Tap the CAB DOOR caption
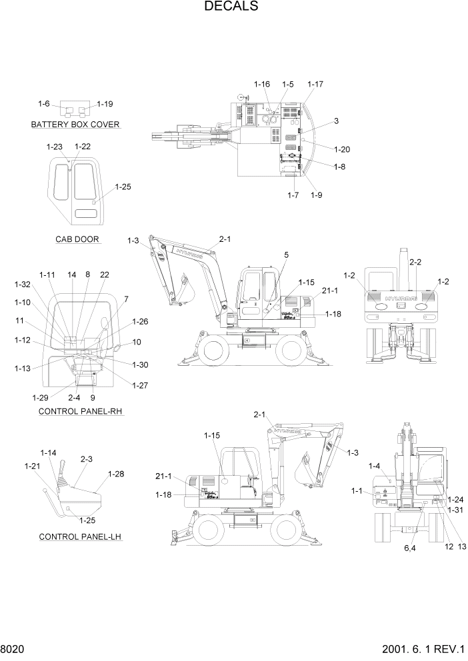[x=78, y=239]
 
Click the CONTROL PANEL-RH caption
[x=81, y=412]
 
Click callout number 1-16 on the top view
[x=262, y=84]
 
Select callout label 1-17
[x=315, y=84]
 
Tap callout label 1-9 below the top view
[x=315, y=195]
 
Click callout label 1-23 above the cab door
[x=55, y=147]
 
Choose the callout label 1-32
[x=23, y=285]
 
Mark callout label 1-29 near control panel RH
[x=40, y=397]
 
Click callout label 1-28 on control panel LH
[x=115, y=474]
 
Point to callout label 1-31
[x=455, y=510]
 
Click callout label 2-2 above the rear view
[x=415, y=262]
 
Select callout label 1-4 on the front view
[x=373, y=466]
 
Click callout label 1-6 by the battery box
[x=43, y=104]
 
